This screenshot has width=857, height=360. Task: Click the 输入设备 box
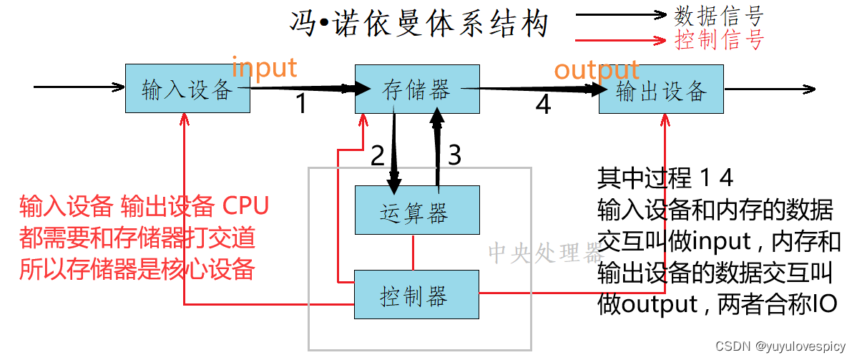pos(187,89)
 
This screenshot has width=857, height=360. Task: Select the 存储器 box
pos(417,89)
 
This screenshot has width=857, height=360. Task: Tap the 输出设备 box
pos(661,89)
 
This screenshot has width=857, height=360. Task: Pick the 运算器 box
pos(417,210)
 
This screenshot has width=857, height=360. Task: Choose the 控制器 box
pos(417,294)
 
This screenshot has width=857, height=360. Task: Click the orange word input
pos(264,68)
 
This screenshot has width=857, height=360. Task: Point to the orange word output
pos(597,70)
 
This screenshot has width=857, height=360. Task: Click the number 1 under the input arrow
pos(301,105)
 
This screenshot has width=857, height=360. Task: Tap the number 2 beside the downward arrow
pos(377,155)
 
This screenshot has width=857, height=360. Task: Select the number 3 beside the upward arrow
pos(454,155)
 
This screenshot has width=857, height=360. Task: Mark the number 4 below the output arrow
pos(544,105)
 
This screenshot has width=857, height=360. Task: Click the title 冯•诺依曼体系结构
pos(419,24)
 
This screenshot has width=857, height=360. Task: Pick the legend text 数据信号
pos(719,16)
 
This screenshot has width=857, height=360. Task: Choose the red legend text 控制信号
pos(719,39)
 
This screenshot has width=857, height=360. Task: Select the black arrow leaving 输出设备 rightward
pos(769,89)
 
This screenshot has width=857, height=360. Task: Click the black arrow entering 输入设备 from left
pos(79,87)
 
